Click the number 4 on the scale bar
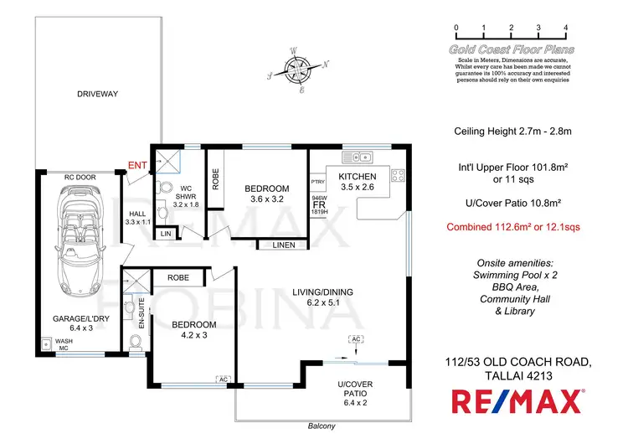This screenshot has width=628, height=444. (567, 27)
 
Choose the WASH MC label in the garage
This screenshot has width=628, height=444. (64, 346)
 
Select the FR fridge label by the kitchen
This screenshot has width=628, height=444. (318, 204)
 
